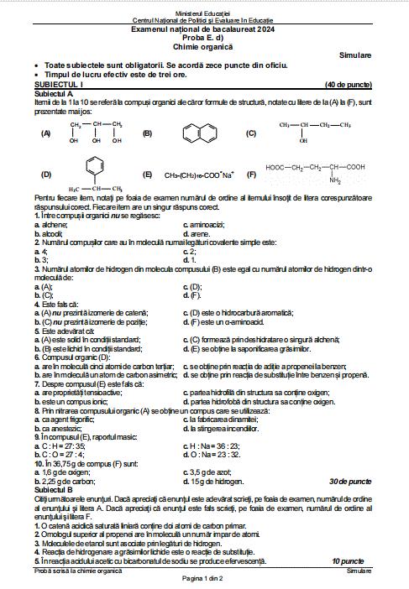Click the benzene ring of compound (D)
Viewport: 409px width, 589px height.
[x=93, y=164]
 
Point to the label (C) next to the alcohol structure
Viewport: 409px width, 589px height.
[x=250, y=133]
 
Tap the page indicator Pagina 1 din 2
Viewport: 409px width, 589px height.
[x=204, y=579]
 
